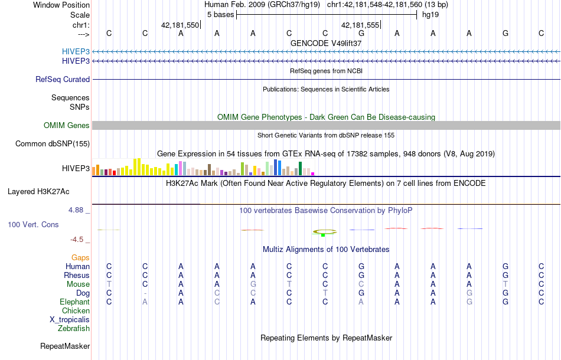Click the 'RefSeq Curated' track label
(x=63, y=79)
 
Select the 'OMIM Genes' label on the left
(x=67, y=125)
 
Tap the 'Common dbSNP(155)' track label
(x=53, y=143)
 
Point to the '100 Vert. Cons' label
(x=33, y=225)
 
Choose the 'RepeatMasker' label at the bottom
(x=65, y=346)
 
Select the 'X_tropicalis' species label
(x=70, y=319)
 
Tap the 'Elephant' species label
(x=74, y=302)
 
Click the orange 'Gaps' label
(x=80, y=257)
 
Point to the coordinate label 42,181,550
(x=180, y=25)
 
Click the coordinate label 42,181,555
(x=360, y=25)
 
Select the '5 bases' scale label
(x=220, y=14)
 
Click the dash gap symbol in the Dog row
(x=145, y=293)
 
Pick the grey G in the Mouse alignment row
(x=253, y=284)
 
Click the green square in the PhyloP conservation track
(x=323, y=235)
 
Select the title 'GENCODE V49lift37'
(x=326, y=43)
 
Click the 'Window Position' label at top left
(x=61, y=5)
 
